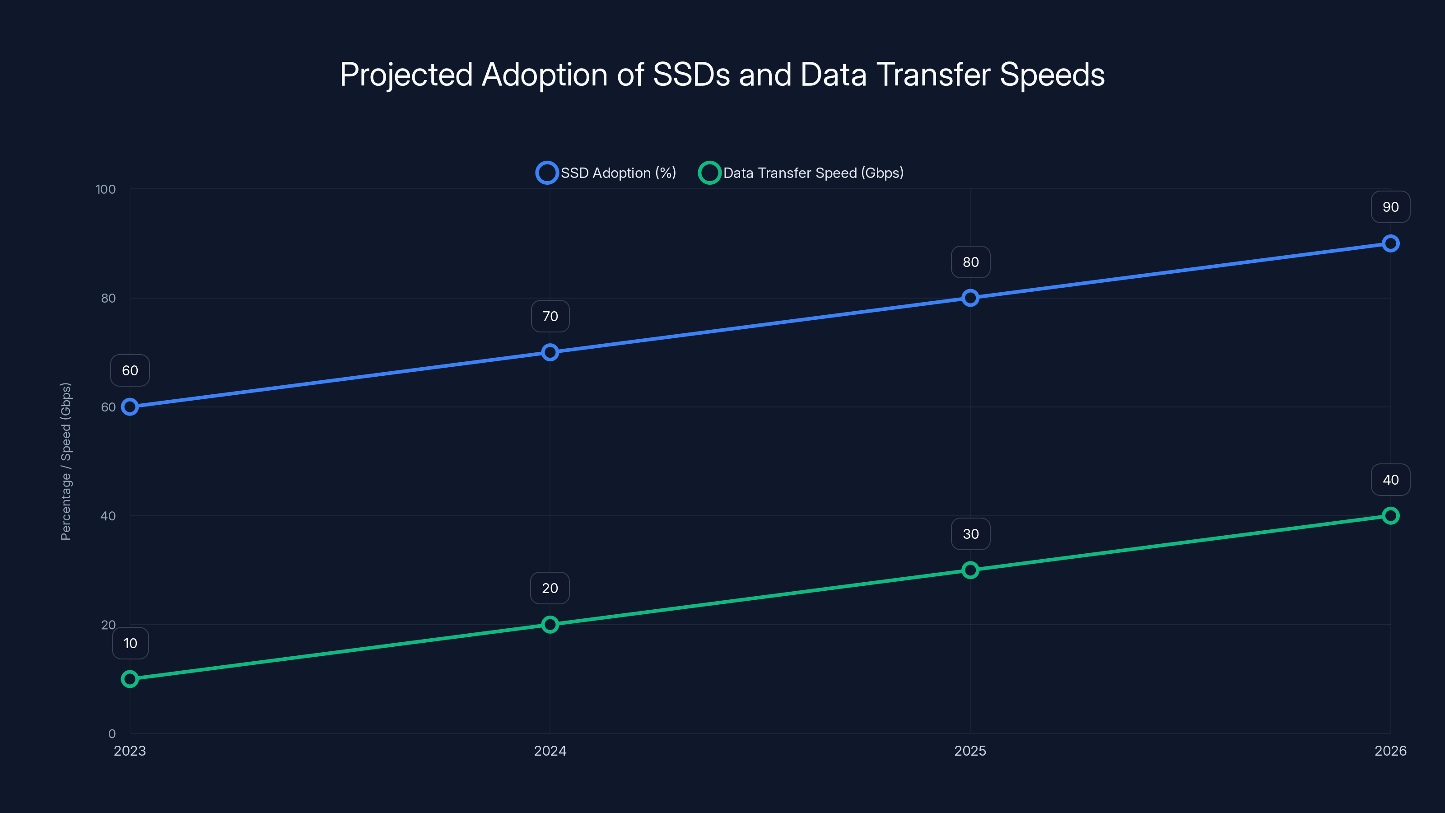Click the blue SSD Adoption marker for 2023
click(x=130, y=407)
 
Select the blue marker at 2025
click(x=970, y=298)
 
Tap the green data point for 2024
click(x=550, y=625)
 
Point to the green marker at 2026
click(x=1390, y=516)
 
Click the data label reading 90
click(x=1390, y=207)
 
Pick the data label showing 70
click(x=550, y=317)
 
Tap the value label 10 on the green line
click(x=130, y=643)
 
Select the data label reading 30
click(x=970, y=534)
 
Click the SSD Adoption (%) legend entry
click(x=618, y=173)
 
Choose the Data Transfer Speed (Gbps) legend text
click(x=813, y=173)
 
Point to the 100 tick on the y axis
click(x=106, y=190)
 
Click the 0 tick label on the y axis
click(x=112, y=734)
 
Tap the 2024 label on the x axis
click(x=550, y=751)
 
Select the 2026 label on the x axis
click(x=1390, y=751)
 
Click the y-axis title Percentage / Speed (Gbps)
click(x=65, y=461)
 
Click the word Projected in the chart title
click(x=406, y=75)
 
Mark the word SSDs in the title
click(x=691, y=75)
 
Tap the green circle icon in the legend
click(x=709, y=173)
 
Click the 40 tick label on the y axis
click(x=108, y=516)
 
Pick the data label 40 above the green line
click(x=1390, y=480)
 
